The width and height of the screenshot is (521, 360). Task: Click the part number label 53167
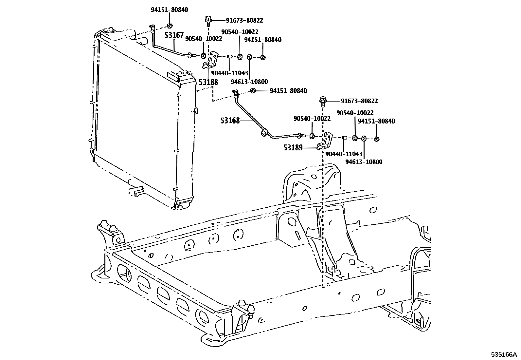[174, 35]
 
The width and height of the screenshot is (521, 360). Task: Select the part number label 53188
[208, 82]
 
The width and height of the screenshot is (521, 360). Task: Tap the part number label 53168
[230, 121]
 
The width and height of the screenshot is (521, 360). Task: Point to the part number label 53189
[293, 148]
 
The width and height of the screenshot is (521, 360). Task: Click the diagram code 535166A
[503, 354]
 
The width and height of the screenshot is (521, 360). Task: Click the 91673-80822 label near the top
[244, 20]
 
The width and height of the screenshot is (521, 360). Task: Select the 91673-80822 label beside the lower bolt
[359, 101]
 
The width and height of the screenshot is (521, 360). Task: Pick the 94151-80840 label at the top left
[169, 10]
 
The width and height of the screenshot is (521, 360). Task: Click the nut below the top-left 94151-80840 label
[170, 26]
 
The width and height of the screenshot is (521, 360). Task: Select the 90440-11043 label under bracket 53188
[229, 73]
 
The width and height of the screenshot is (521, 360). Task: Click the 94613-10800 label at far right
[364, 162]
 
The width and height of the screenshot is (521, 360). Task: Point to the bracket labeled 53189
[326, 141]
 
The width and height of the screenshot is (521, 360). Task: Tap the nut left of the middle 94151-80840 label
[253, 91]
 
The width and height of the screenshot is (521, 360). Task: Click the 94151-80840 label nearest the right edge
[376, 121]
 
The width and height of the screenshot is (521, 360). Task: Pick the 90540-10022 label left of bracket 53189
[312, 119]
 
